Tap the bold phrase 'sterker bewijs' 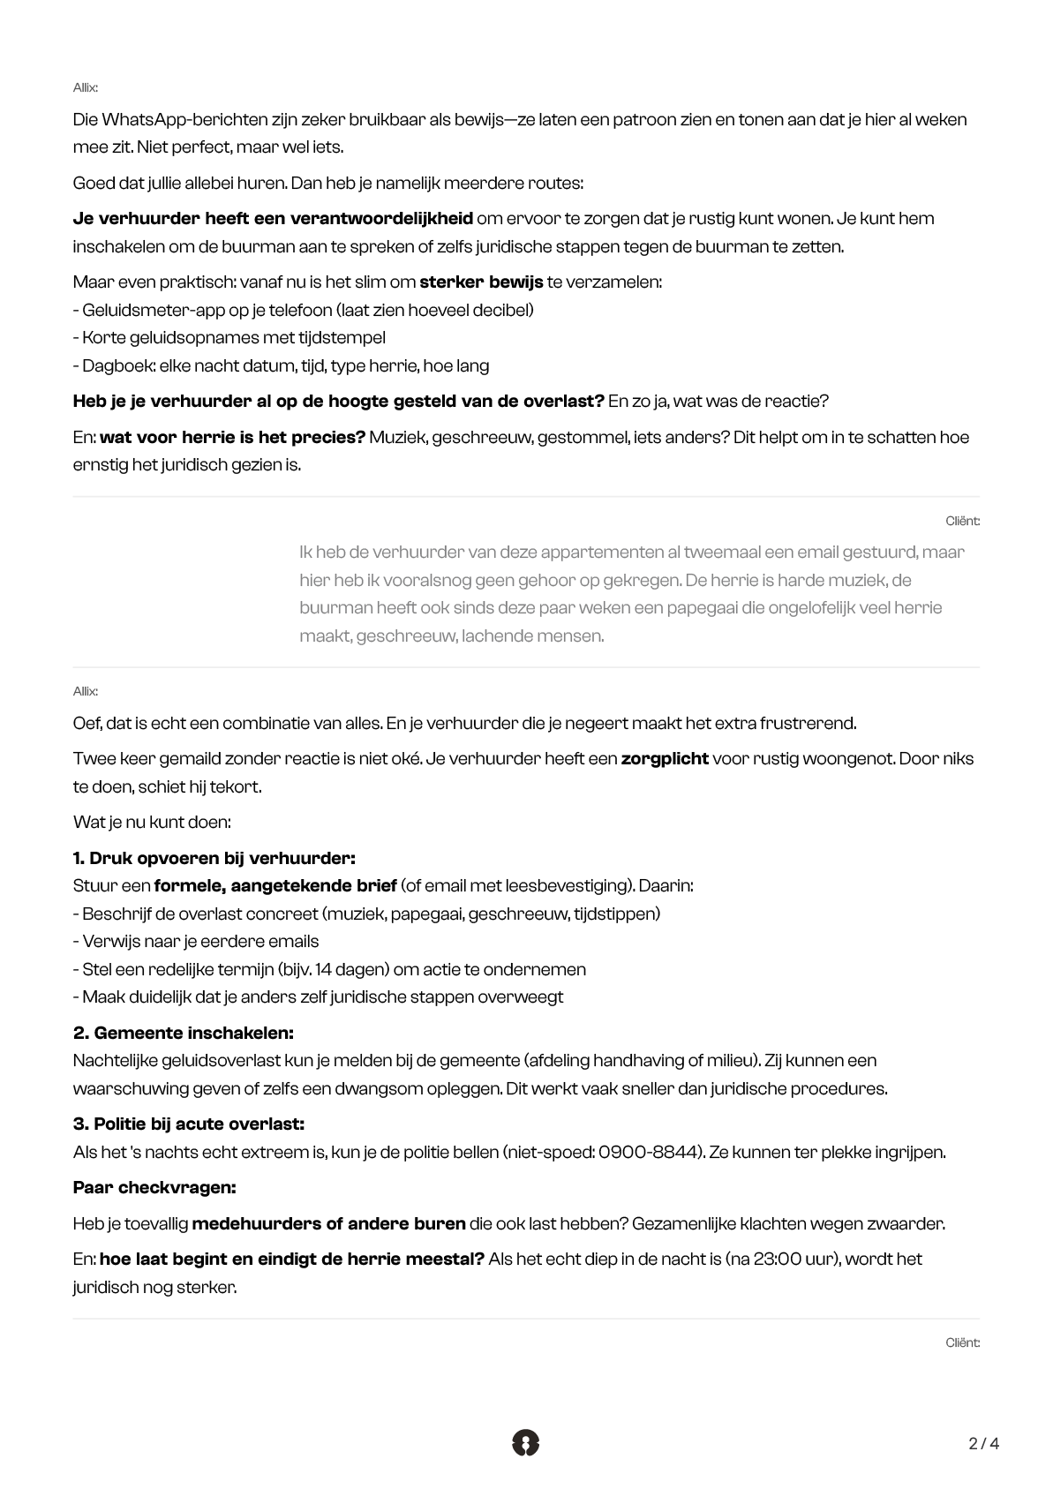point(481,282)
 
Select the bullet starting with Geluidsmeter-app point(303,310)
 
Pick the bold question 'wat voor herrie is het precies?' point(232,437)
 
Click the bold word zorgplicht point(665,758)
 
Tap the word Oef point(86,723)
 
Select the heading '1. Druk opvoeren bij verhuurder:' point(214,858)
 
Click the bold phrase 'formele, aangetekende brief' point(275,885)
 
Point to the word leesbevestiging point(565,885)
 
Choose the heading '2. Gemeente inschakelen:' point(183,1033)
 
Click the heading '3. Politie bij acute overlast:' point(188,1124)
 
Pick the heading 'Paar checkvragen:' point(154,1187)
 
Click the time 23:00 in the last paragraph point(778,1259)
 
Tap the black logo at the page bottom point(525,1442)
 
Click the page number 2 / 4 point(983,1444)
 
